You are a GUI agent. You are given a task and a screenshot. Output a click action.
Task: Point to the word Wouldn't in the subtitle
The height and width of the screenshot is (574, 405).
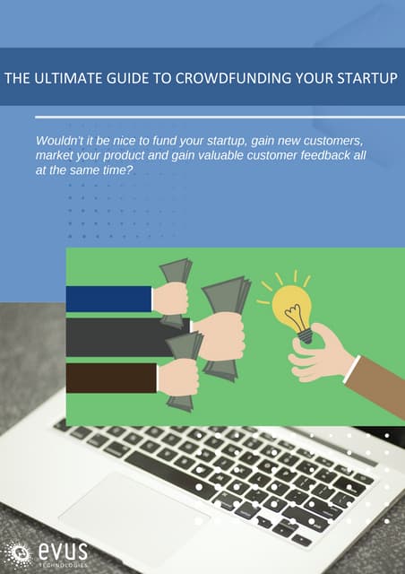coord(60,141)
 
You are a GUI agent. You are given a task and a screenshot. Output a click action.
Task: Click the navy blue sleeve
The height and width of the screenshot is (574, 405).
coord(108,299)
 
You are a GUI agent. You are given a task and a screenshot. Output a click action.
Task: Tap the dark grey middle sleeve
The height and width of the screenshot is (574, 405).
coord(125,336)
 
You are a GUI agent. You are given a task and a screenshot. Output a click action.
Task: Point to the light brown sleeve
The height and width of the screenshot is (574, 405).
coord(376,386)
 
